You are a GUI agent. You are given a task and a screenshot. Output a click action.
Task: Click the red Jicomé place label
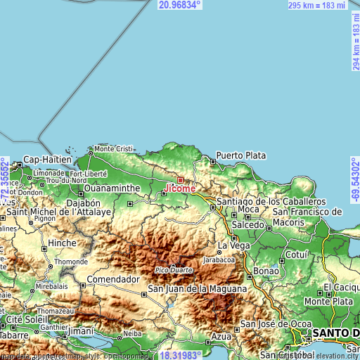click(181, 188)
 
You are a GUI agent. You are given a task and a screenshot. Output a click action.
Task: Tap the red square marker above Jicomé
click(180, 180)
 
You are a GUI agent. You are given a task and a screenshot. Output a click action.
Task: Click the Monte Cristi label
click(114, 148)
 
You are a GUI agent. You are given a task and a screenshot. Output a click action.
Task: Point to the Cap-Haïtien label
click(48, 160)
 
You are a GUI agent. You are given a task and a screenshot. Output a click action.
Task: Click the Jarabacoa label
click(219, 259)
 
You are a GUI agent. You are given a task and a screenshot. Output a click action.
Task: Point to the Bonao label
click(266, 271)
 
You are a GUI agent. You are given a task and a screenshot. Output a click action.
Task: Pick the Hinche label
click(62, 243)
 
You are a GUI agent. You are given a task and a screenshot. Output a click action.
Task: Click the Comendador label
click(110, 279)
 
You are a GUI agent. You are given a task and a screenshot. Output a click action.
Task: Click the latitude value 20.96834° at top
click(180, 5)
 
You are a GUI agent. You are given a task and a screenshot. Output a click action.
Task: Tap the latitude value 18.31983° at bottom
click(180, 355)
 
